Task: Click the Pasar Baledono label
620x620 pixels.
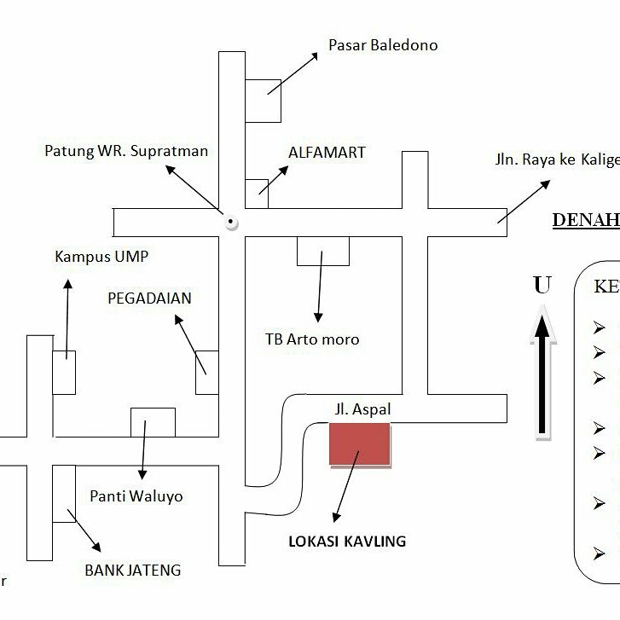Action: pos(383,45)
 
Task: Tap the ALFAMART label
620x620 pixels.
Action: pos(327,153)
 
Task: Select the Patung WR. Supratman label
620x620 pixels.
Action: pos(126,152)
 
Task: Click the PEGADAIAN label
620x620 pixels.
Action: pos(149,298)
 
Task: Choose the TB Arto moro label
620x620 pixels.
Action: pos(312,339)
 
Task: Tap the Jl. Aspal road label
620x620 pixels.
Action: pos(362,410)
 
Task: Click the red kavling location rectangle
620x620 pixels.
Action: pos(360,444)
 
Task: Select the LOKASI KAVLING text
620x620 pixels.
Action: pos(347,542)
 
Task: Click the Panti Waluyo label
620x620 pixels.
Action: pos(136,496)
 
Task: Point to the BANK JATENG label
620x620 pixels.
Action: pos(132,571)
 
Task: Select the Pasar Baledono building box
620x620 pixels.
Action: pos(263,100)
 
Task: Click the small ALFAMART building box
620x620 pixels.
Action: pos(257,194)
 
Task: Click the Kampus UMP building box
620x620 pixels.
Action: pos(64,373)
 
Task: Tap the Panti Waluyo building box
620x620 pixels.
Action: pos(153,422)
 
